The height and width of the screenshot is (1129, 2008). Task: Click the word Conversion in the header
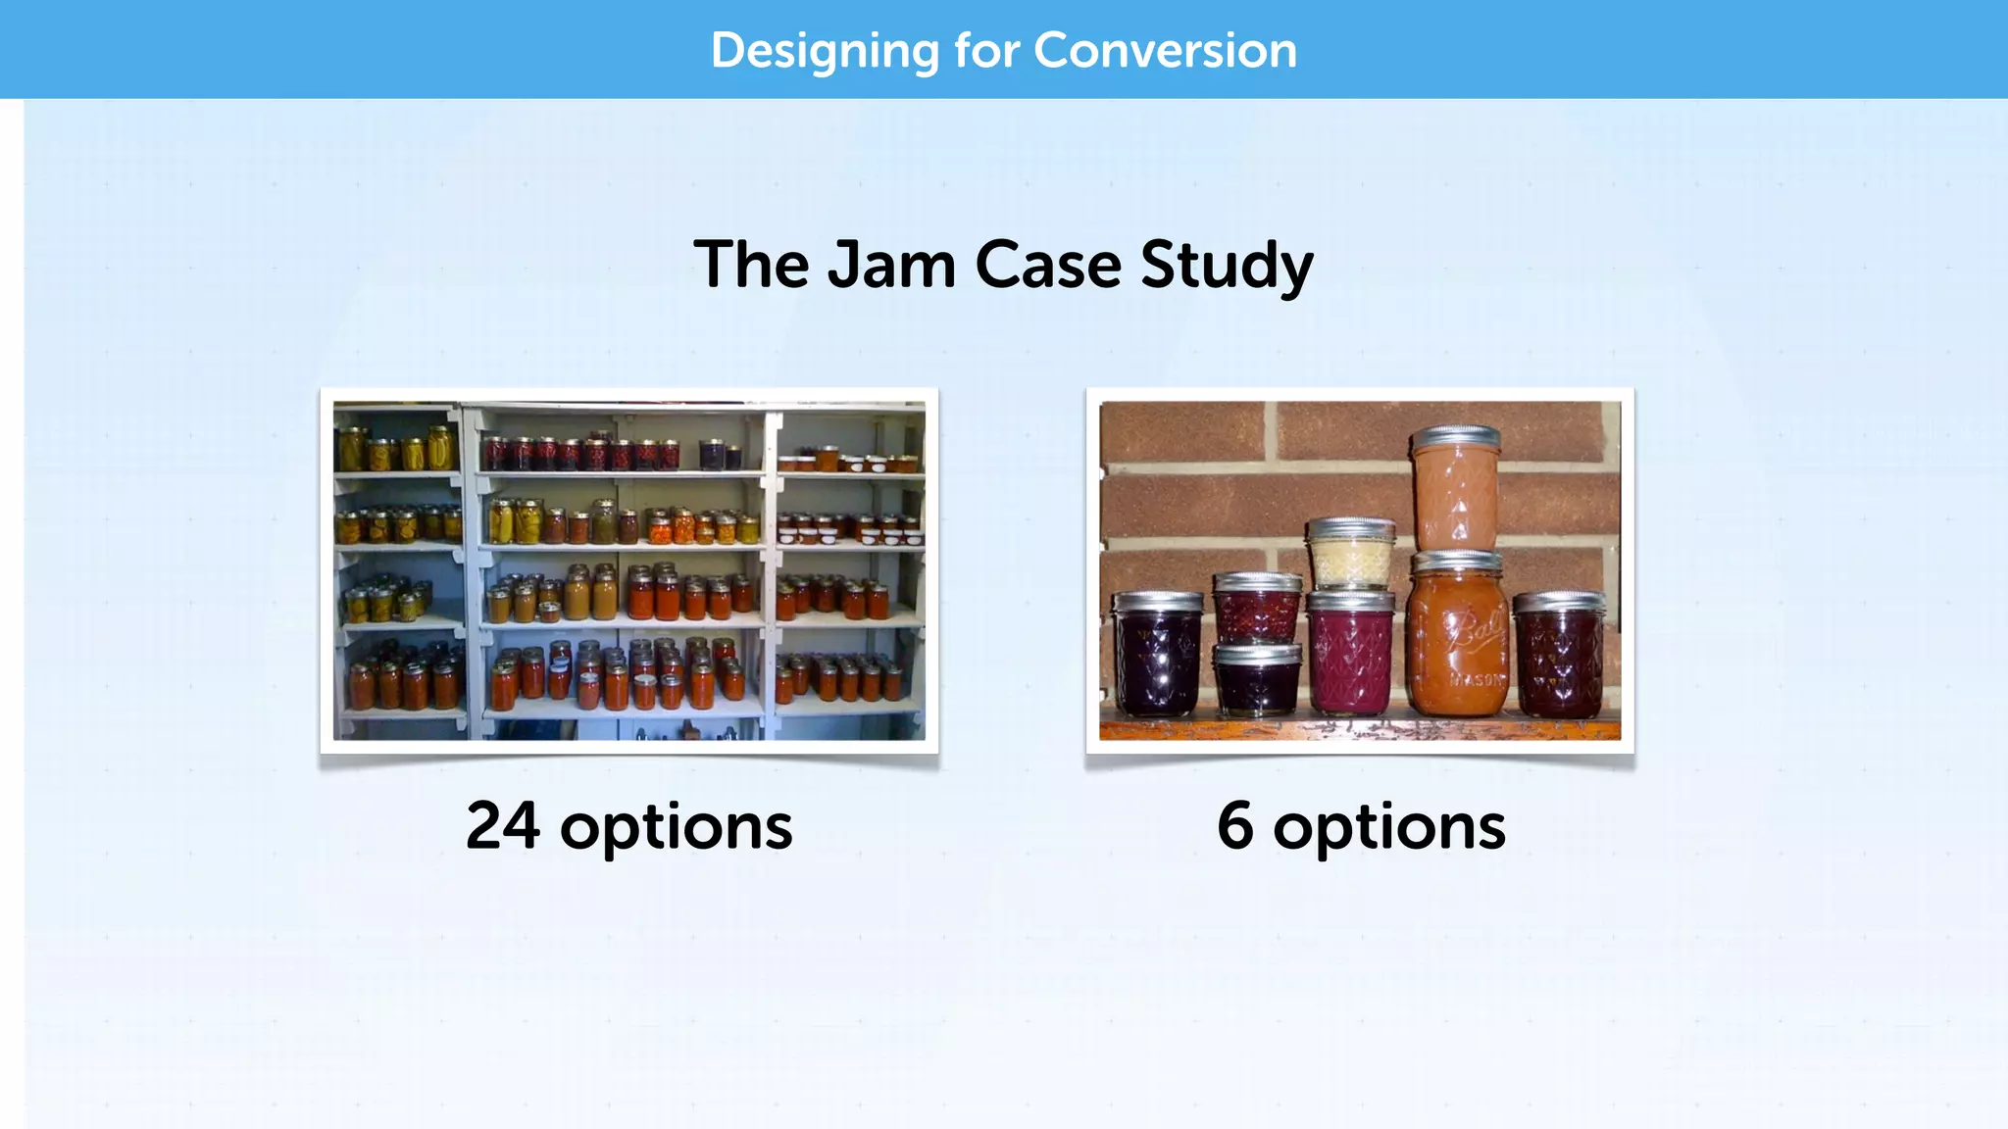[1165, 50]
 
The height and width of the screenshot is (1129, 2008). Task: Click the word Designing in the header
[824, 50]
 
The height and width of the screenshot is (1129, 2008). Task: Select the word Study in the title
[1227, 265]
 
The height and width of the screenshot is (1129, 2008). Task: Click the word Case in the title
[1048, 265]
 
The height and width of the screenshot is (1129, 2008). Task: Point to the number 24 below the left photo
[502, 825]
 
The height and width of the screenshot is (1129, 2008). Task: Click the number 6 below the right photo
[1235, 825]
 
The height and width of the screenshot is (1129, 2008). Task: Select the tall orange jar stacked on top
[1456, 495]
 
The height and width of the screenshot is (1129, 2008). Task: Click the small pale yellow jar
[1351, 559]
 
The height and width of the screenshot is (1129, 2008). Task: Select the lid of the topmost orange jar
[1456, 437]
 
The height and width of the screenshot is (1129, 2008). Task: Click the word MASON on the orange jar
[1476, 679]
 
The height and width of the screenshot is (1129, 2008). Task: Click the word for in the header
[985, 50]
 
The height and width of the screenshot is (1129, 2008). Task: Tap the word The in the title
[751, 265]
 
